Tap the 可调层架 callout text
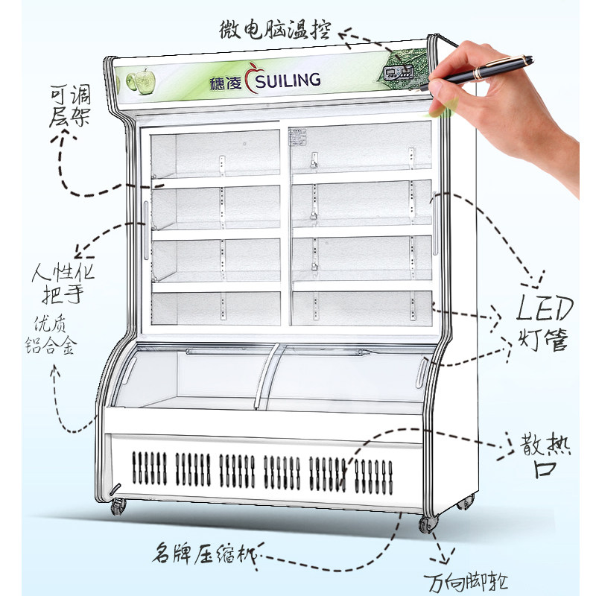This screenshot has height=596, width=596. point(70,105)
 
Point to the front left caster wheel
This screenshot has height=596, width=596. point(118,507)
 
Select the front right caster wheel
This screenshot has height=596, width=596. point(427,523)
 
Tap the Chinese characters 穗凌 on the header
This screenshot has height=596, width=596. point(227,81)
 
